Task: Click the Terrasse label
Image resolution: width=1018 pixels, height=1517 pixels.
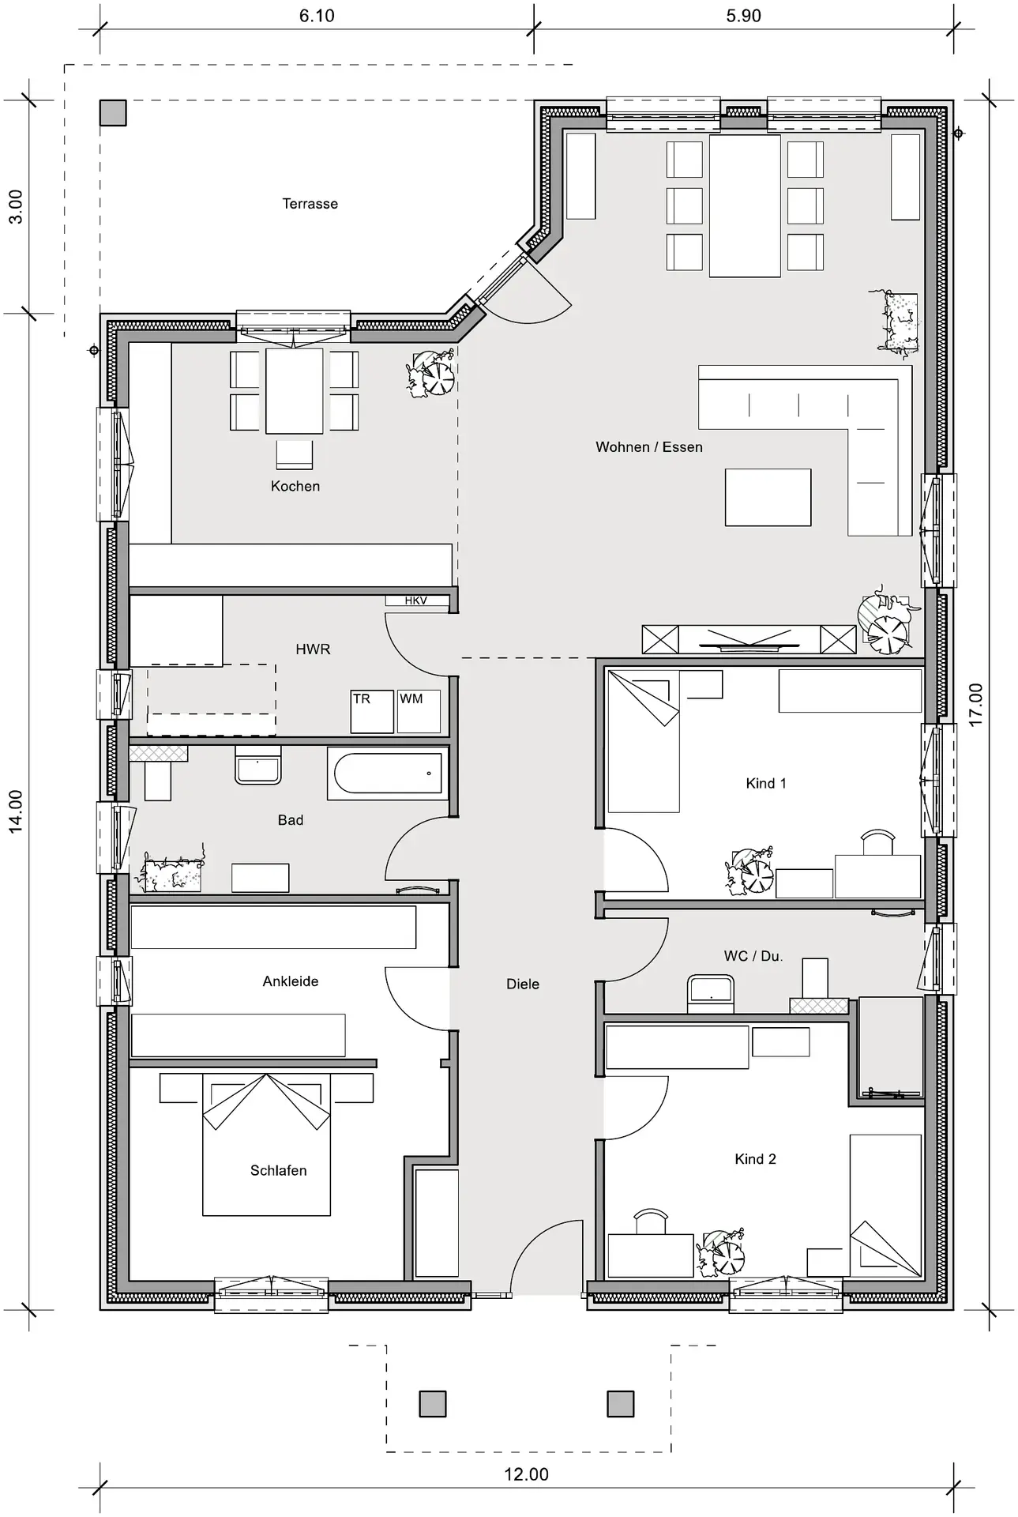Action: [x=310, y=204]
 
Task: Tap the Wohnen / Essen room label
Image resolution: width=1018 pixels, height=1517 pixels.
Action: [x=649, y=447]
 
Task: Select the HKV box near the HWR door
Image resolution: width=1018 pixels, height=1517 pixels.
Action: [x=416, y=600]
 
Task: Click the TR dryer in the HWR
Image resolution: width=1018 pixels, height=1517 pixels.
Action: [x=372, y=711]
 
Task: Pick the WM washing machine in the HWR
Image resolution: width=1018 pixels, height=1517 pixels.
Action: [x=419, y=711]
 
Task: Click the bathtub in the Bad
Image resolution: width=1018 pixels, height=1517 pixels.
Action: [x=388, y=774]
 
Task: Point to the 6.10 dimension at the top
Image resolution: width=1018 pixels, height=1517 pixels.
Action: [x=317, y=16]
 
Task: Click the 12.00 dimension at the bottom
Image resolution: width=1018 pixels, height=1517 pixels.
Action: [x=527, y=1474]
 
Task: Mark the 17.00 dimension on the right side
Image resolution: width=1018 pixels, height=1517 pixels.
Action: [x=976, y=705]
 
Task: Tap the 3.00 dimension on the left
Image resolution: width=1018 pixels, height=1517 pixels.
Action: [x=16, y=207]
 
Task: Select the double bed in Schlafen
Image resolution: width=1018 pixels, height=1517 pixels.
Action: [x=266, y=1144]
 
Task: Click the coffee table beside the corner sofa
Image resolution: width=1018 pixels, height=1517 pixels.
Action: [x=768, y=497]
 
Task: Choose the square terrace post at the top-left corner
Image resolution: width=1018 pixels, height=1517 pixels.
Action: [x=113, y=113]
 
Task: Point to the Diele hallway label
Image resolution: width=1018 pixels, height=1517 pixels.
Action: [x=523, y=984]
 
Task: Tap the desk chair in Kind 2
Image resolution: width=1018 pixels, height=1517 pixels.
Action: [x=651, y=1221]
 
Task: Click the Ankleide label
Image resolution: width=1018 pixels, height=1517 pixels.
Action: [x=291, y=981]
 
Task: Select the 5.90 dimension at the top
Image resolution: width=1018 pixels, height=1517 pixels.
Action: [x=744, y=16]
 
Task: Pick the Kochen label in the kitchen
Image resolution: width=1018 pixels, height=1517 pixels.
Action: [x=295, y=487]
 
